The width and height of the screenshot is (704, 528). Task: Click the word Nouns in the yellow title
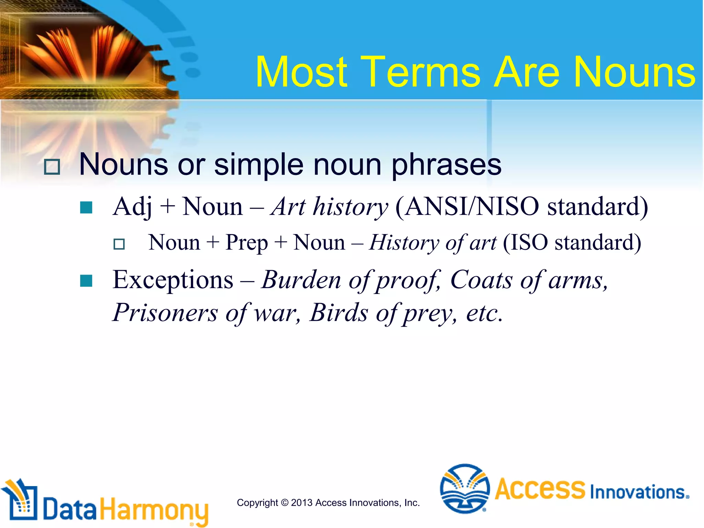coord(635,73)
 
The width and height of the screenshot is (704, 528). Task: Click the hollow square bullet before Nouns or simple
coord(52,167)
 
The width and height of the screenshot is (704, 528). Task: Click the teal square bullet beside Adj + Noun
coord(86,208)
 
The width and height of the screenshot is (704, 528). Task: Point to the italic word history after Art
coord(351,207)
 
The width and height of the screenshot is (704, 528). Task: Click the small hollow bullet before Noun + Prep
coord(119,244)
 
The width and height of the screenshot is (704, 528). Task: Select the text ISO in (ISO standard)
coord(530,243)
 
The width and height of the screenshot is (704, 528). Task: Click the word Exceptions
coord(173,280)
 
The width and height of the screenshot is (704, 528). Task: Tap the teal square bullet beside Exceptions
coord(86,280)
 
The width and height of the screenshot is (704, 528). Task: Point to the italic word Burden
coord(301,280)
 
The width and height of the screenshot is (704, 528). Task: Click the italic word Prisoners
coord(165,313)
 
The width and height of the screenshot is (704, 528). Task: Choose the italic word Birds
coord(339,313)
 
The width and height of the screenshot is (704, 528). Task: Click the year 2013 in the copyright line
coord(302,503)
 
